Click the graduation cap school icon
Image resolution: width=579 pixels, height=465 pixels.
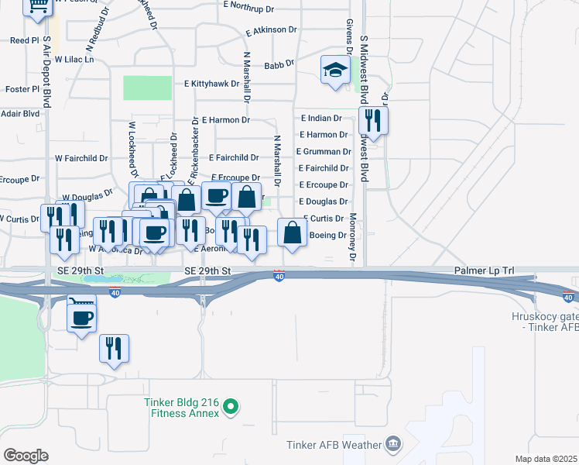click(335, 71)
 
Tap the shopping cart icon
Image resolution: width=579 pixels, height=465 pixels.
click(37, 6)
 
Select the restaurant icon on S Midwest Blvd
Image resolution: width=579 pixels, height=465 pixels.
click(373, 121)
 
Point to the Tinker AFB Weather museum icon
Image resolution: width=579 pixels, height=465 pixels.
click(394, 444)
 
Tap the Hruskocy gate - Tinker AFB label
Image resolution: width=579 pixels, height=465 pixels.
click(545, 322)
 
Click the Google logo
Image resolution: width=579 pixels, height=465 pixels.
click(26, 456)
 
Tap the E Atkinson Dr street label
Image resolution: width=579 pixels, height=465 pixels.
click(271, 30)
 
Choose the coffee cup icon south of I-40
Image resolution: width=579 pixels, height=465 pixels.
click(82, 316)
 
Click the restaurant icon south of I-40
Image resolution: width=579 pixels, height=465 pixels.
click(114, 349)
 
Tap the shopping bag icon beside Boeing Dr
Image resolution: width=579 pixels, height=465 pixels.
click(292, 232)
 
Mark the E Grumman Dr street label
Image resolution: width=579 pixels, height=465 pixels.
click(323, 152)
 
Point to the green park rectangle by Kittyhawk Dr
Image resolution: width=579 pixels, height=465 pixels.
click(147, 88)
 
